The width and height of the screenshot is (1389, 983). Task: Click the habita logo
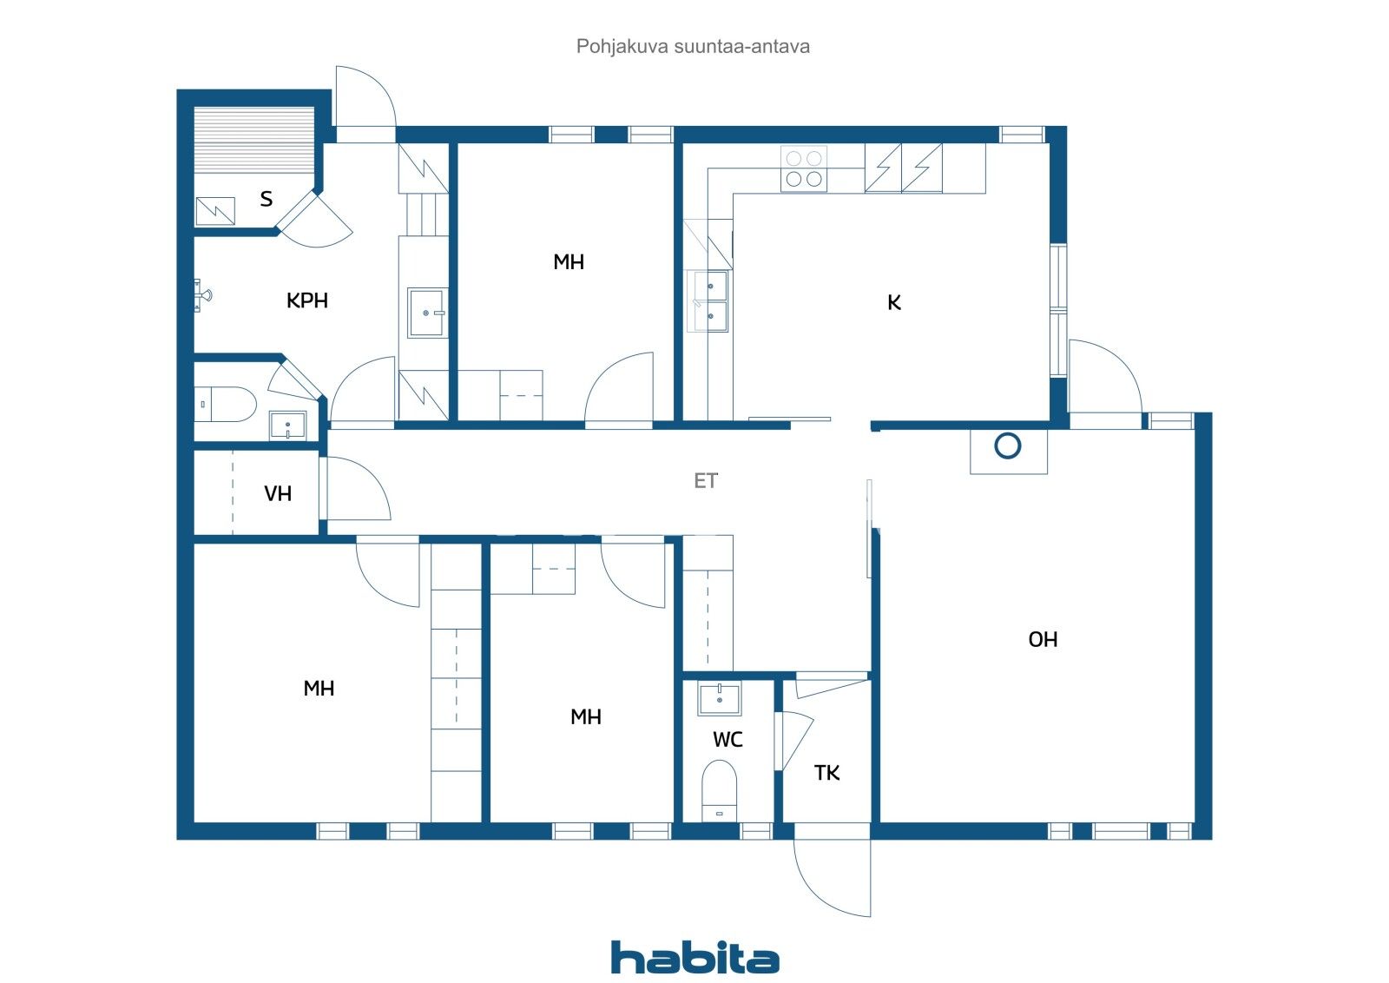pos(694,957)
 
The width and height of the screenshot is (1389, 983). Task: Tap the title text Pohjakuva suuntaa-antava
pos(693,46)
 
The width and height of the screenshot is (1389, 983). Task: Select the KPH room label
pos(307,300)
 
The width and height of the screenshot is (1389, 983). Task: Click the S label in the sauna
pos(267,199)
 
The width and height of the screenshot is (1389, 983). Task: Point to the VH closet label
pos(278,494)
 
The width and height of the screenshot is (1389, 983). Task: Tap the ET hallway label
pos(706,480)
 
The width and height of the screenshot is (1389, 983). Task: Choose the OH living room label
pos(1043,640)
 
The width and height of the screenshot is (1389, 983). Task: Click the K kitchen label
pos(894,302)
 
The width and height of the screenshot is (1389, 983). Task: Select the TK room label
pos(826,773)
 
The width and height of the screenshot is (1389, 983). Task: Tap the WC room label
pos(727,740)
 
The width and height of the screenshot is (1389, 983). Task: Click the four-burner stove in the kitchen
pos(803,168)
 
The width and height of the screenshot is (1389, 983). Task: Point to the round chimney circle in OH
pos(1007,446)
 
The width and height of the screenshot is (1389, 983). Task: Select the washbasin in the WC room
pos(720,698)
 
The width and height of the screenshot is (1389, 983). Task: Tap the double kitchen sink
pos(710,300)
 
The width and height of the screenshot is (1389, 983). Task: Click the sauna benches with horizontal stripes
pos(253,140)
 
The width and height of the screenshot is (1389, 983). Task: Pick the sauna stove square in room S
pos(215,211)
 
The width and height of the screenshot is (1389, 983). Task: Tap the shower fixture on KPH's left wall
pos(201,295)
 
